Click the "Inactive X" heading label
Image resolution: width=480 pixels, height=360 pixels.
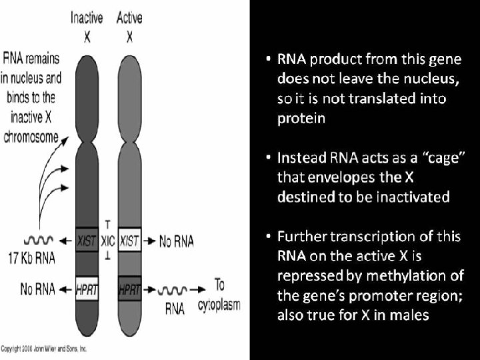[x=87, y=26]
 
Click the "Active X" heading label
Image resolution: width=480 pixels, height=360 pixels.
[x=129, y=26]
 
